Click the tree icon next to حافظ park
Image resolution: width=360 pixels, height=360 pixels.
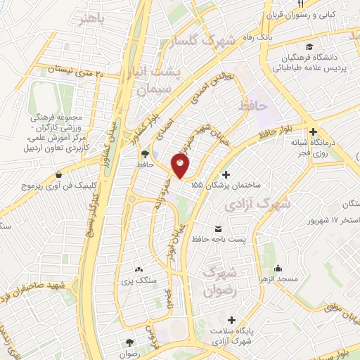(x=144, y=153)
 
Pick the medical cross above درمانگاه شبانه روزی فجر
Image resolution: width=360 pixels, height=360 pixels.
(x=313, y=131)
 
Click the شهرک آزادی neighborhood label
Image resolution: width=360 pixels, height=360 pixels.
(x=255, y=205)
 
